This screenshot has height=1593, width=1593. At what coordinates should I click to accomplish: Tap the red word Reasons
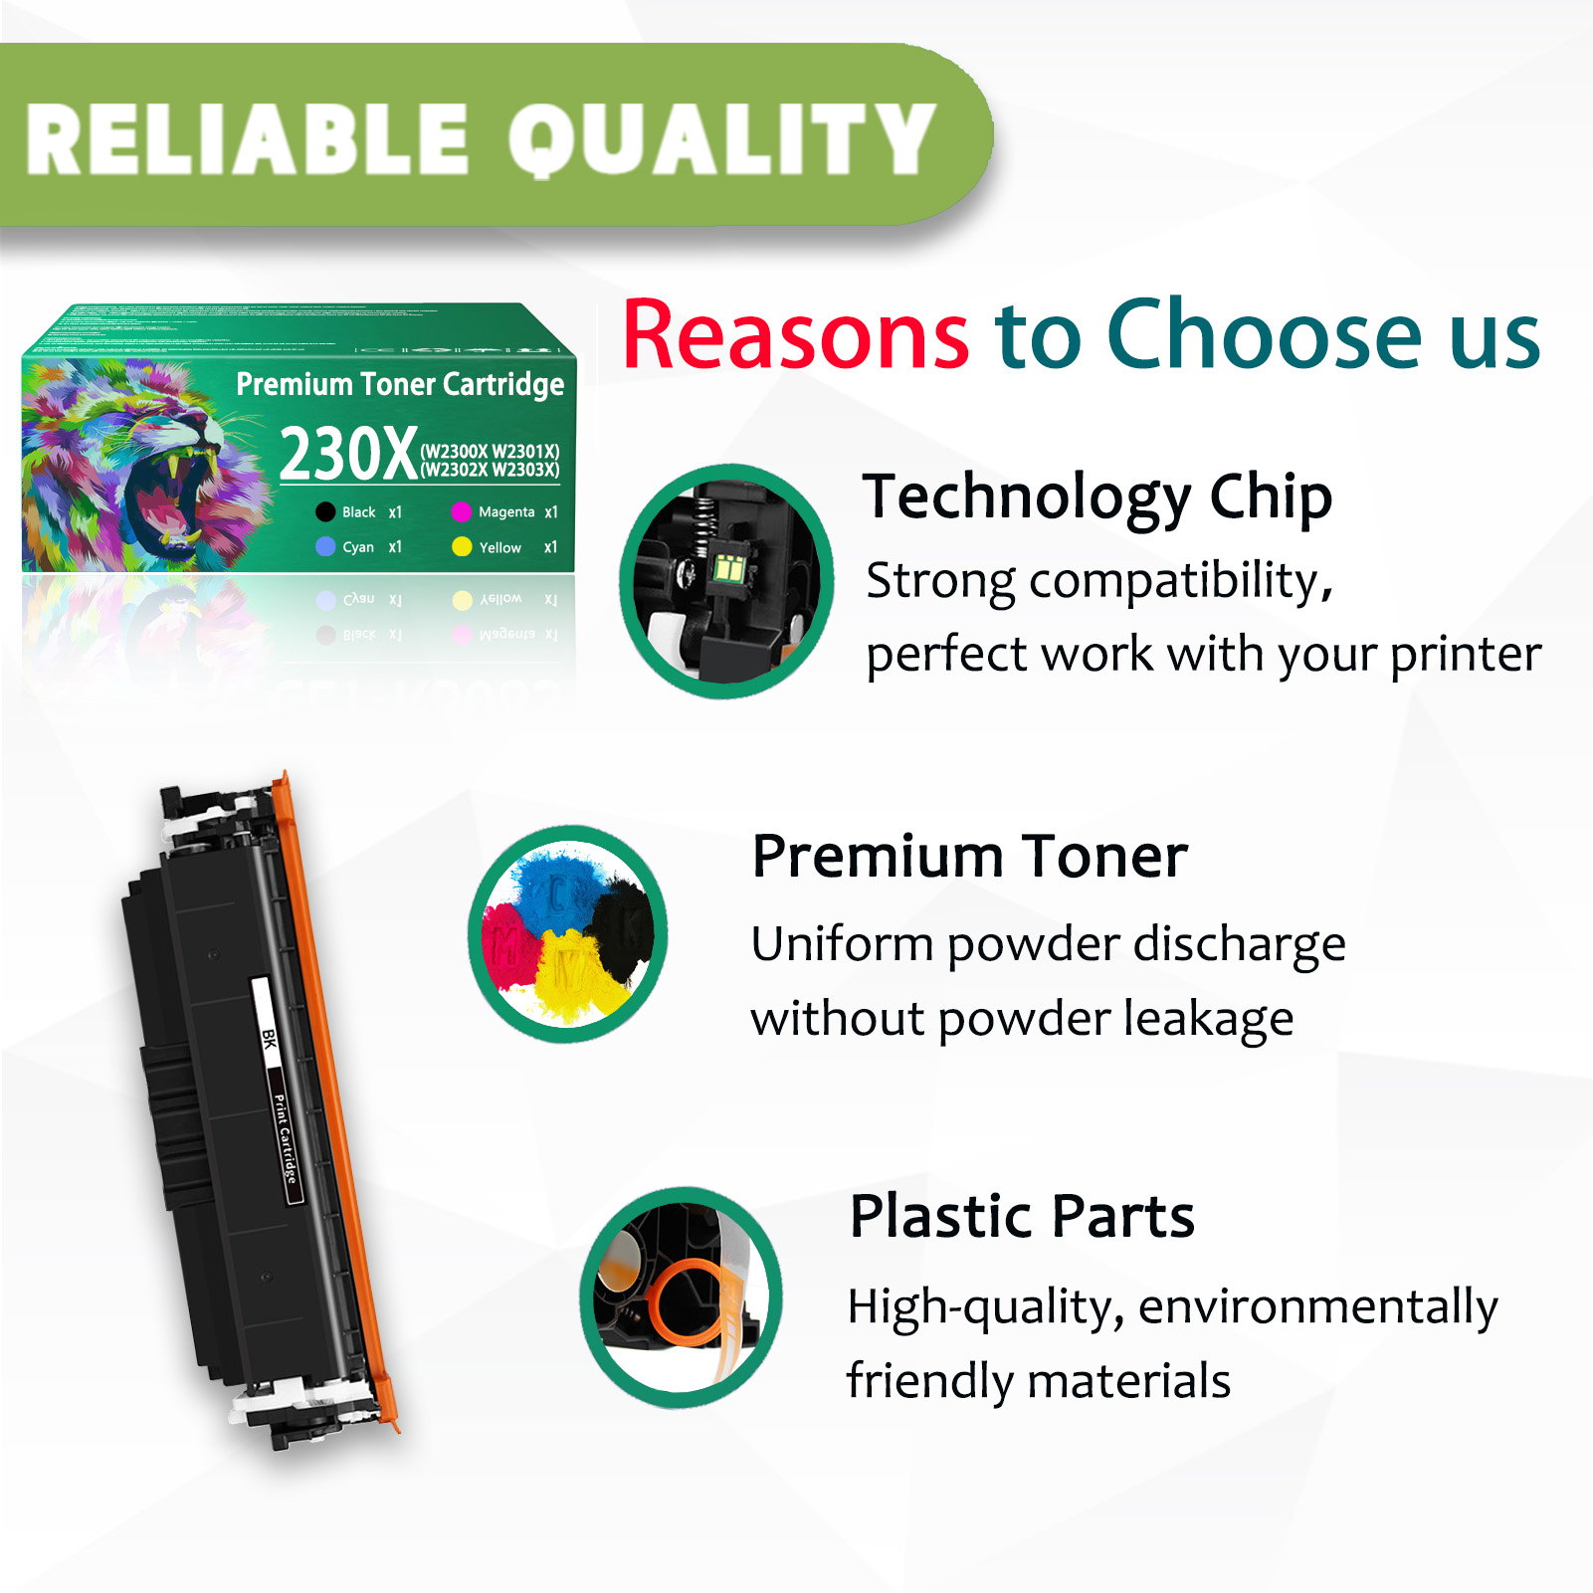[795, 335]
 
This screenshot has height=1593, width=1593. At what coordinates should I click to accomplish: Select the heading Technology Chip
[1096, 497]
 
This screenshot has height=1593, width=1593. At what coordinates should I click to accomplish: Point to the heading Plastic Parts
[1022, 1216]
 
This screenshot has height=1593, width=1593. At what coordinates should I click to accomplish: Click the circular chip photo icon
[726, 581]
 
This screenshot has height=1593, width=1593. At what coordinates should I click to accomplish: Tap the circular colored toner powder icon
[568, 933]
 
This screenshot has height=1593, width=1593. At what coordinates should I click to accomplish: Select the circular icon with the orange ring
[682, 1297]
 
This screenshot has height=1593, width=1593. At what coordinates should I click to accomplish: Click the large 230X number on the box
[348, 455]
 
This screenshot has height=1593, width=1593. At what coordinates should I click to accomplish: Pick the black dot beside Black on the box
[325, 512]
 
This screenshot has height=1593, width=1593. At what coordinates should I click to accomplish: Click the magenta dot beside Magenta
[461, 512]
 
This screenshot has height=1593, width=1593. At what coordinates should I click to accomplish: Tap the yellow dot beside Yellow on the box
[462, 547]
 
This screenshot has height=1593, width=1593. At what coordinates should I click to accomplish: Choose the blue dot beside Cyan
[325, 547]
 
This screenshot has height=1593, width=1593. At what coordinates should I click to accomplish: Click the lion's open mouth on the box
[169, 498]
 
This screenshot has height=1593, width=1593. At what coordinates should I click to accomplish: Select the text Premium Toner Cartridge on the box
[400, 384]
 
